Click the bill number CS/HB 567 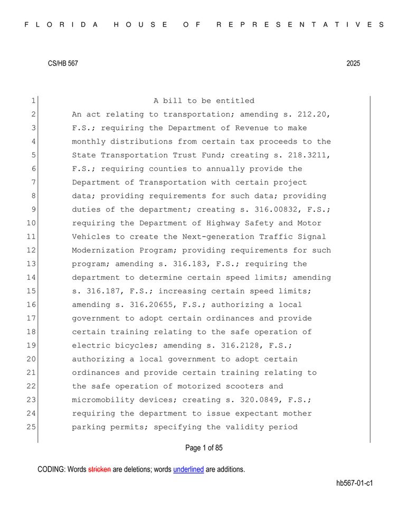63,63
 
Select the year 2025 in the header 353,63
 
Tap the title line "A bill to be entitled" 204,101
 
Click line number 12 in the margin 32,251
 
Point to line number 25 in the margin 32,427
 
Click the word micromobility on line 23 103,400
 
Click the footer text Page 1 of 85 204,448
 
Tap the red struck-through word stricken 99,469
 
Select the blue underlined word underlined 188,469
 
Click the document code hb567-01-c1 354,483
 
